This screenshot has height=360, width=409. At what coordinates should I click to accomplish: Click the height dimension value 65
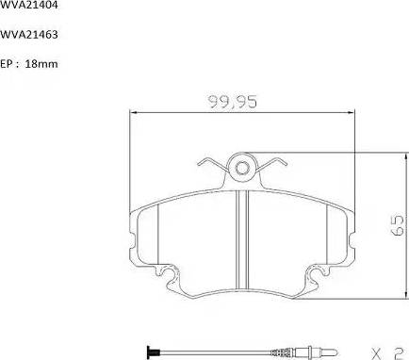click(x=399, y=223)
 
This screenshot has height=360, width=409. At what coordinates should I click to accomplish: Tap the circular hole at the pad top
click(x=242, y=170)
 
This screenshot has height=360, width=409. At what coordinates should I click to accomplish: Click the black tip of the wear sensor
click(x=149, y=352)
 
